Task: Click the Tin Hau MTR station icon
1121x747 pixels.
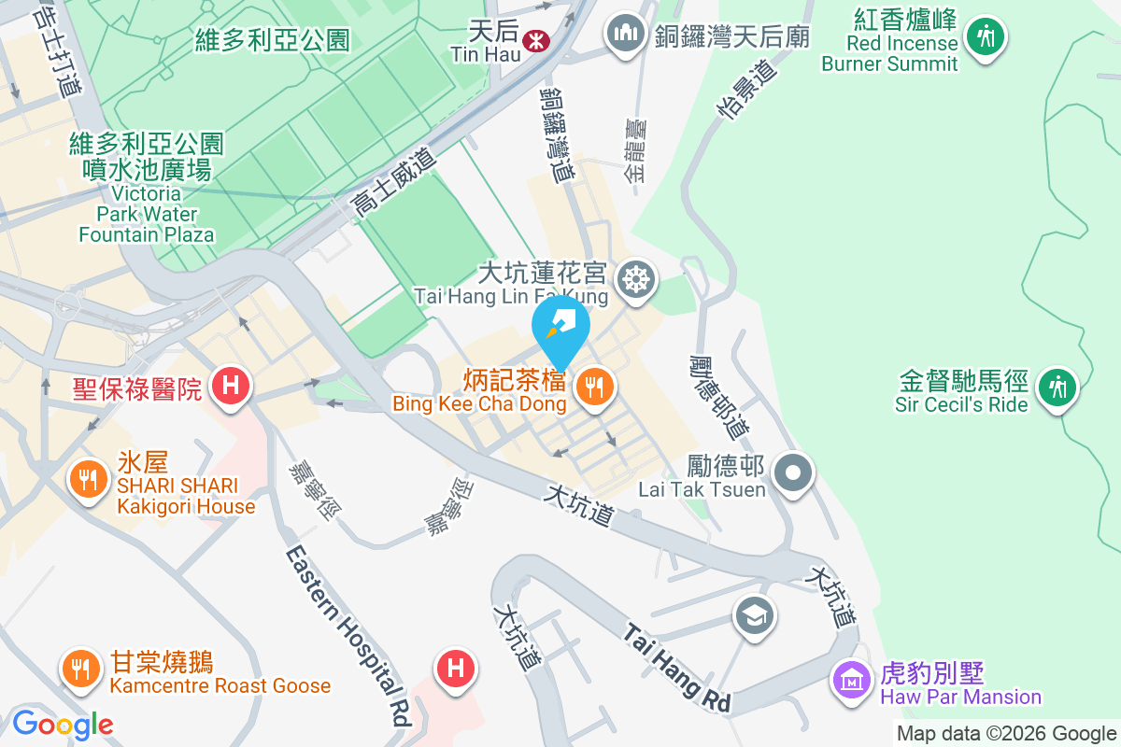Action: pyautogui.click(x=535, y=40)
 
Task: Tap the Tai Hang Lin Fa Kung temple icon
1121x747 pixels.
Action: pyautogui.click(x=635, y=277)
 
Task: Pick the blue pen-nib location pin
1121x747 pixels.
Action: pyautogui.click(x=560, y=327)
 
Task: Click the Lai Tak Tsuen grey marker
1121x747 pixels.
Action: pyautogui.click(x=793, y=472)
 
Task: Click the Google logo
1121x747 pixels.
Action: pyautogui.click(x=63, y=724)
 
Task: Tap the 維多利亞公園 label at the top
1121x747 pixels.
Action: pyautogui.click(x=272, y=40)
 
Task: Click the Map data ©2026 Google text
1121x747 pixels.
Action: pyautogui.click(x=1007, y=734)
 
